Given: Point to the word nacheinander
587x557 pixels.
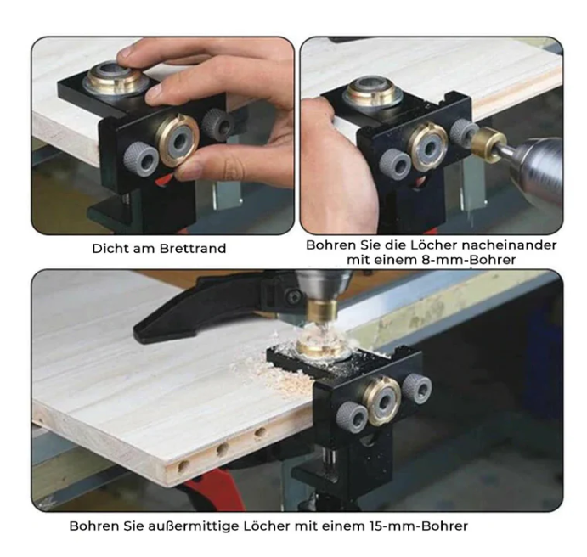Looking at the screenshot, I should coord(512,245).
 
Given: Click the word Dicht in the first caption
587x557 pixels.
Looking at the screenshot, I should coord(108,250).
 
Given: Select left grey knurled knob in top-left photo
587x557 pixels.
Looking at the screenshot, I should coord(141,158).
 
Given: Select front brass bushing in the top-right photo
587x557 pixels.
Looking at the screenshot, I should coord(428,144).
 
